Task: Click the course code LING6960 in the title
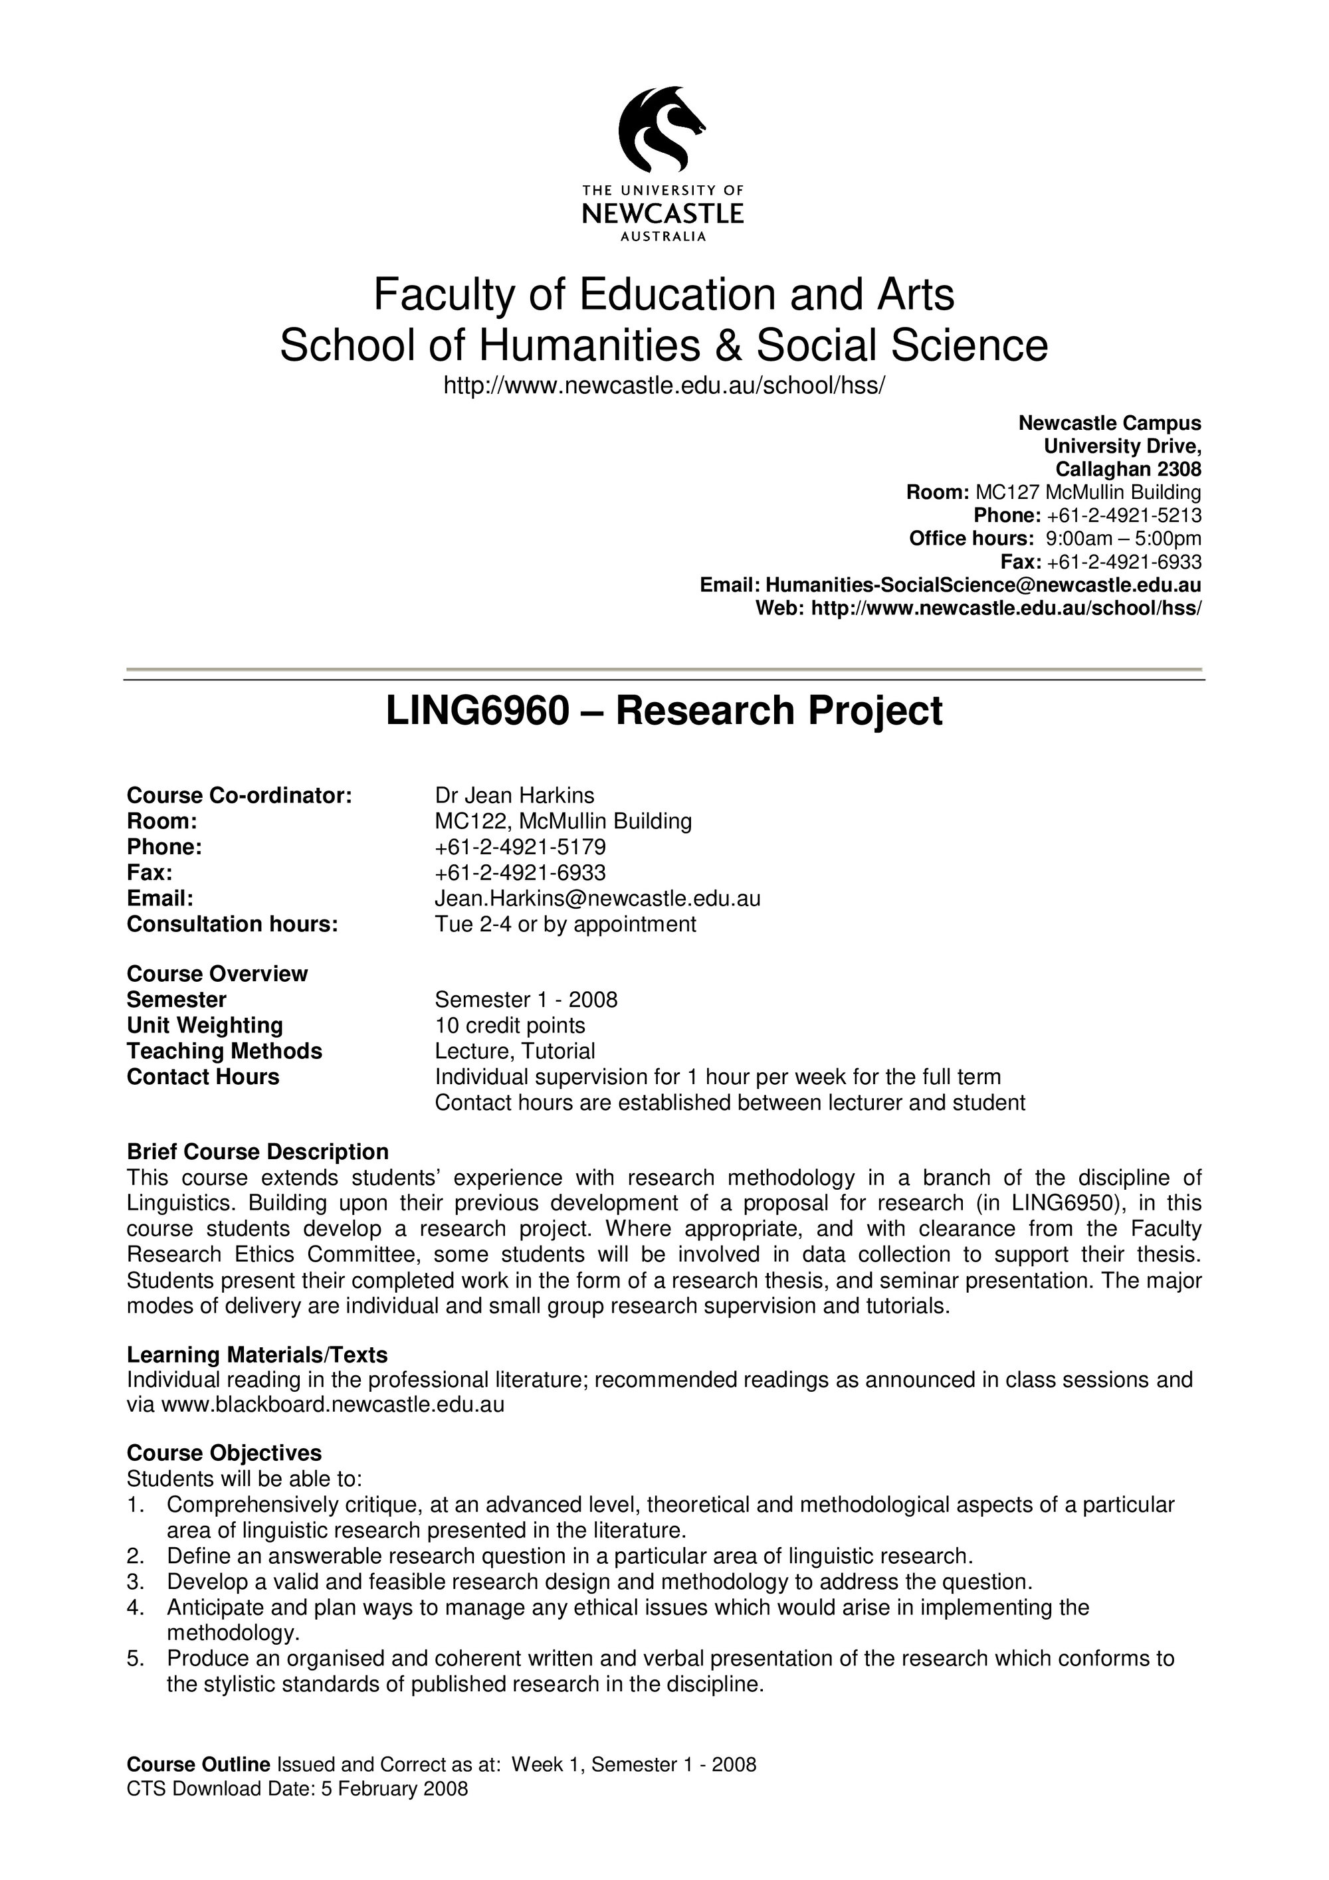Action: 476,711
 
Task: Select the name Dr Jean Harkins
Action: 514,795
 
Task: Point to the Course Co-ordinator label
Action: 239,795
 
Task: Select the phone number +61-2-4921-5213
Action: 1124,516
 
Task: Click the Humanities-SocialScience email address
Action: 983,585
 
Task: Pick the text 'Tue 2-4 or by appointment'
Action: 565,925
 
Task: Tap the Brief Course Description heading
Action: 257,1152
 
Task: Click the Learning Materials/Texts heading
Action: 257,1355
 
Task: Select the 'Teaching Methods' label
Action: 225,1052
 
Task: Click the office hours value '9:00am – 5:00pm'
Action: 1124,539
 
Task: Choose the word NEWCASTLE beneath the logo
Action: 663,214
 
